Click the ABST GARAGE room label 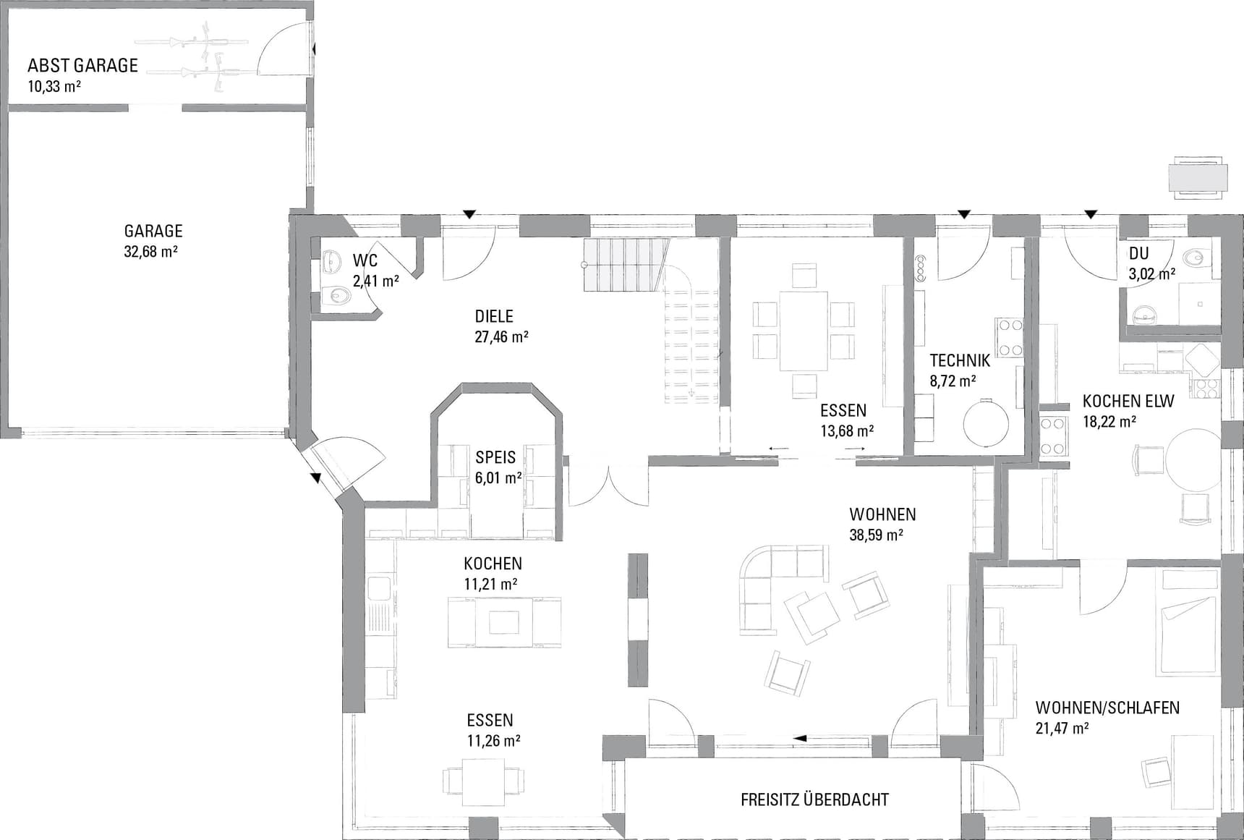coord(82,66)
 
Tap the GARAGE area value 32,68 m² coord(151,252)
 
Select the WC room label coord(365,260)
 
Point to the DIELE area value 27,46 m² coord(501,336)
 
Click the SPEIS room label coord(495,457)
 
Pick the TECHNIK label coord(960,360)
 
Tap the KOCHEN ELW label coord(1128,401)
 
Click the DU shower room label coord(1139,253)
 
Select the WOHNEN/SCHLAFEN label coord(1107,708)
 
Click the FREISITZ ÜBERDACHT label coord(814,799)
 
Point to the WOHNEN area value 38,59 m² coord(876,535)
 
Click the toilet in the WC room coord(335,295)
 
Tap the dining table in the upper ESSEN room coord(803,331)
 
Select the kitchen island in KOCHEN coord(504,621)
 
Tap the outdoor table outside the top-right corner coord(1198,177)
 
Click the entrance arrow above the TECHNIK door coord(963,214)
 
